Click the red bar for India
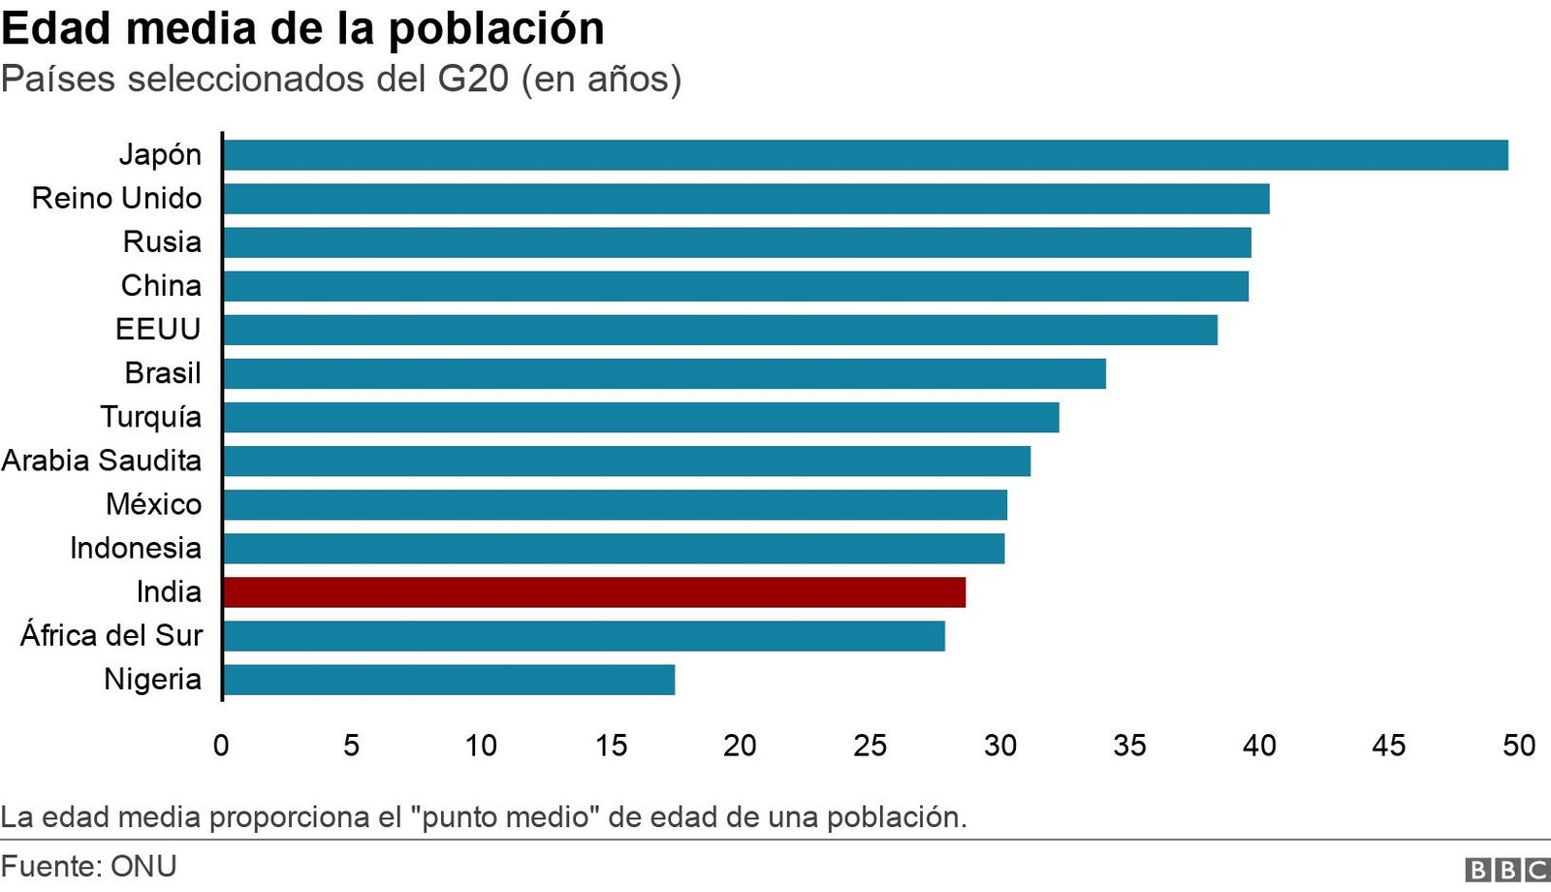[x=593, y=592]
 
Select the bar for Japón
[x=865, y=155]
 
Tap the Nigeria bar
[x=448, y=680]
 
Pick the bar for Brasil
[x=664, y=373]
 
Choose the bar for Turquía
[x=641, y=417]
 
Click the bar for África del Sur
[x=584, y=636]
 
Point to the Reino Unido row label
[x=116, y=199]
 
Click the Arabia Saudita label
[x=101, y=461]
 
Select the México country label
[x=153, y=504]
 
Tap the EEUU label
[x=157, y=330]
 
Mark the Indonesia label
[x=135, y=548]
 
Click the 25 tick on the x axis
[x=870, y=746]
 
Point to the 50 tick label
[x=1518, y=746]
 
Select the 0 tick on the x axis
[x=221, y=746]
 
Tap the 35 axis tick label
[x=1129, y=746]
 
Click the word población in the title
[x=496, y=29]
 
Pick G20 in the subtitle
[x=473, y=79]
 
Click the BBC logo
[x=1507, y=870]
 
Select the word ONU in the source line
[x=143, y=866]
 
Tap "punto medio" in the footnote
[x=506, y=817]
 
